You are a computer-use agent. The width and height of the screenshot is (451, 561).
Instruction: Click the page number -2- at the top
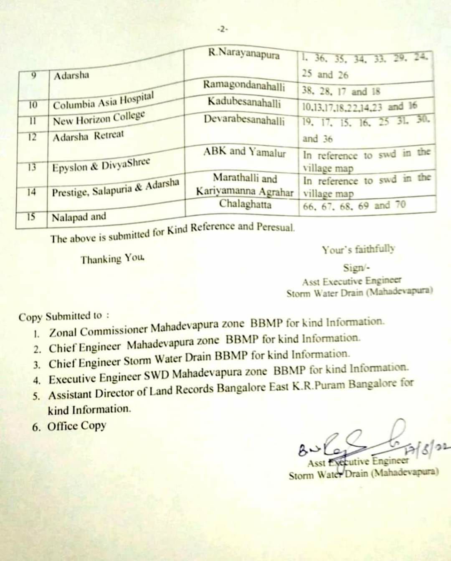coord(222,29)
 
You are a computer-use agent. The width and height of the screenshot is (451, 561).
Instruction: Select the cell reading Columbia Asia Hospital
coord(103,101)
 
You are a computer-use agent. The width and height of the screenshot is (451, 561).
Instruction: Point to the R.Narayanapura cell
coord(244,54)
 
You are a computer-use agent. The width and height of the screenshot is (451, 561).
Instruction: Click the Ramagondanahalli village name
coord(244,86)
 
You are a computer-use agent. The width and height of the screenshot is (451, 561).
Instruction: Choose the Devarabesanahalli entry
coord(244,120)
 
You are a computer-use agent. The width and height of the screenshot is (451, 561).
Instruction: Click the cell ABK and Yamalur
coord(245,152)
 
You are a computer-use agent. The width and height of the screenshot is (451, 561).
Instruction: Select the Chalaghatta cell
coord(245,204)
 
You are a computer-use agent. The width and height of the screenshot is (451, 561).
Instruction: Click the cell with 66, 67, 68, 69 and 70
coord(354,206)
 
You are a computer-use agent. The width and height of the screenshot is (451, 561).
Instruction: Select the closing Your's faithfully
coord(358,250)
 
